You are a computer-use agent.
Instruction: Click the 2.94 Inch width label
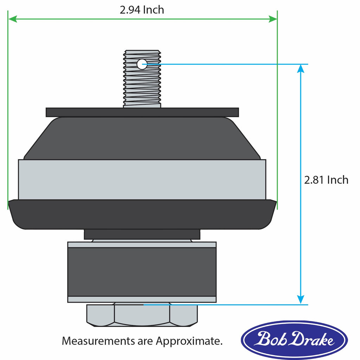coord(142,10)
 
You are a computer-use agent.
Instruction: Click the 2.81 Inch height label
coord(326,180)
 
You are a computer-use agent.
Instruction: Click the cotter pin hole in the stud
coord(142,64)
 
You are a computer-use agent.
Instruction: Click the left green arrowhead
coord(13,19)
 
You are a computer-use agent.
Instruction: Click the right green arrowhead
coord(273,19)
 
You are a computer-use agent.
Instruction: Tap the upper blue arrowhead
coord(301,69)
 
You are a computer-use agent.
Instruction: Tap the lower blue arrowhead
coord(301,300)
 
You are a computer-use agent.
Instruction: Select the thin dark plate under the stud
coord(142,112)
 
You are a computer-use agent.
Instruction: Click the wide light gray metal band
coord(142,180)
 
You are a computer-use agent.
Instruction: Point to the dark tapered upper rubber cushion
coord(142,139)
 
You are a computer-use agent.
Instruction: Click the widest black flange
coord(142,214)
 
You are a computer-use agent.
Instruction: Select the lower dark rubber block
coord(142,271)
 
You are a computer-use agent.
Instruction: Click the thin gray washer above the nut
coord(142,299)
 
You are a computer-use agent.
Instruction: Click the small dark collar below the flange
coord(142,234)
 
